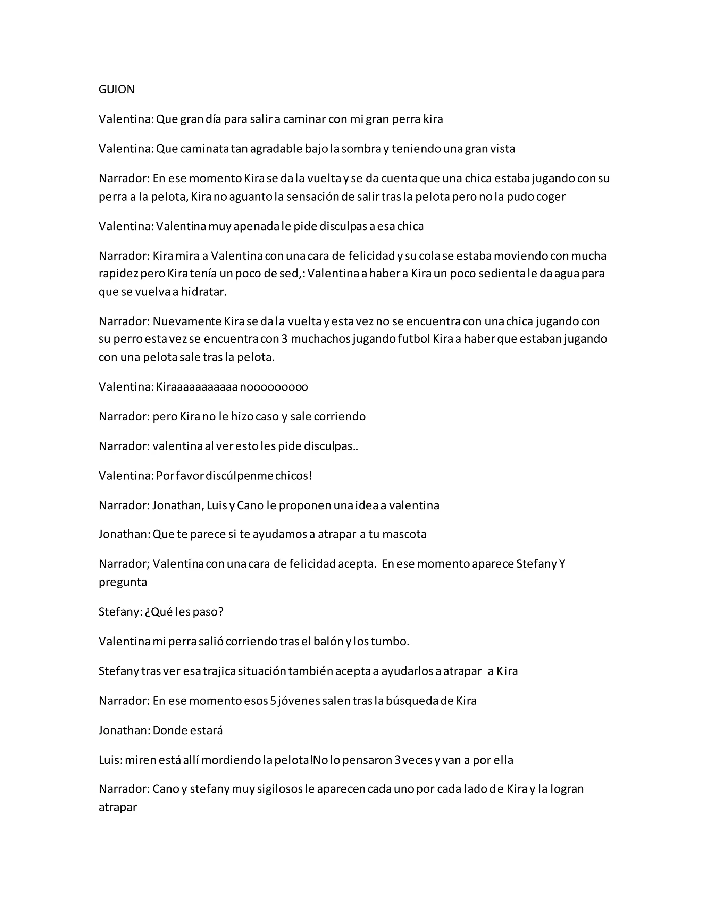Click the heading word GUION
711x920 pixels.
pos(116,89)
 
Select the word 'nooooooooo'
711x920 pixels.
pos(274,387)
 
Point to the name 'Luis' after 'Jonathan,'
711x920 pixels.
pos(217,505)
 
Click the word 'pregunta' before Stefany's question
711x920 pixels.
pos(123,582)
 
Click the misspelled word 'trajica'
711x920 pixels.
pos(219,671)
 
